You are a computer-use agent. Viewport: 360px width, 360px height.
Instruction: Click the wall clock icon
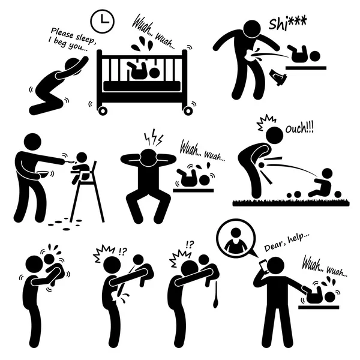click(103, 22)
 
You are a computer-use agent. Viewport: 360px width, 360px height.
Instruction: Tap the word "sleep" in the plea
click(85, 38)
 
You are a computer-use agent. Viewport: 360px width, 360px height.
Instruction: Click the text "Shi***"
click(287, 23)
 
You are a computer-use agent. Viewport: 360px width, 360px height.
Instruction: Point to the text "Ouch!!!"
click(299, 128)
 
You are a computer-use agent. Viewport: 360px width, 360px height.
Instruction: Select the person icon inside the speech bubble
click(236, 239)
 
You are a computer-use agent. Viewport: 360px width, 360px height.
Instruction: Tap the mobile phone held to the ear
click(264, 266)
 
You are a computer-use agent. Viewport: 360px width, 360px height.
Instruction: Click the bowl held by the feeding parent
click(43, 174)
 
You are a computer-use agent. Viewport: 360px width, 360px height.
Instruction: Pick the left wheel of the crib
click(103, 111)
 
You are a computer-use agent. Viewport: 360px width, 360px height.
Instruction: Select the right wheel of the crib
click(188, 111)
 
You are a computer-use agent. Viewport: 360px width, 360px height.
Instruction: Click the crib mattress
click(142, 86)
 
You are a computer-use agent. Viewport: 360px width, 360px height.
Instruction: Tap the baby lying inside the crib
click(143, 70)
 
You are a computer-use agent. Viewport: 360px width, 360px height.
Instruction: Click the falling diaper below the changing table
click(278, 77)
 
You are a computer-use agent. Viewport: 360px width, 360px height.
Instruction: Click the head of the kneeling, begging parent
click(73, 67)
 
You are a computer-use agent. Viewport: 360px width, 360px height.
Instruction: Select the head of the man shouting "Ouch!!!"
click(274, 135)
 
